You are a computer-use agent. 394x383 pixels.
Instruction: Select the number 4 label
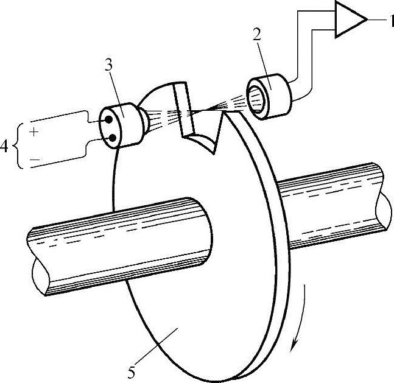click(x=5, y=146)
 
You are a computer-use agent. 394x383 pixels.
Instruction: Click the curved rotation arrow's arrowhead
click(x=295, y=346)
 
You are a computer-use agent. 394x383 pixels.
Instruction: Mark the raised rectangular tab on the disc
click(x=183, y=110)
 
